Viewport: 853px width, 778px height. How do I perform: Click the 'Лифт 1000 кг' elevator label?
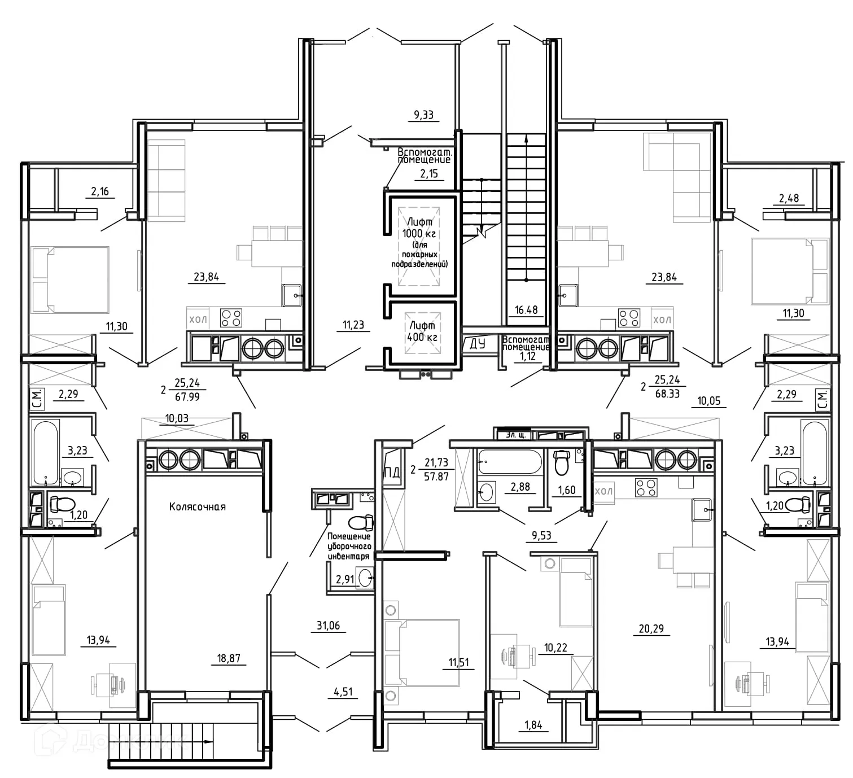(x=419, y=228)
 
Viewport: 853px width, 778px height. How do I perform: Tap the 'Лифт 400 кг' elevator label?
(x=422, y=332)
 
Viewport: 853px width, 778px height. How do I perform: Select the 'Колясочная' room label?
(x=198, y=506)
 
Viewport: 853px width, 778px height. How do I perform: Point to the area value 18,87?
(x=229, y=658)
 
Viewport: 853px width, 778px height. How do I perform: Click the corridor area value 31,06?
(x=328, y=626)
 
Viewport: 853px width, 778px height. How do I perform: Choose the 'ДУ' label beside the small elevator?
(x=477, y=344)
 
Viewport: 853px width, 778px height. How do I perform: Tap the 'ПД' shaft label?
(x=392, y=473)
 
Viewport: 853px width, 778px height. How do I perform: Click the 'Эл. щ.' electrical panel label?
(x=515, y=435)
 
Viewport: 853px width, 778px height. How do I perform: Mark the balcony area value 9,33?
(x=423, y=115)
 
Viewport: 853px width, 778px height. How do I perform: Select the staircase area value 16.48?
(x=526, y=310)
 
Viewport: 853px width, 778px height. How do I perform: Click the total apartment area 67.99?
(x=187, y=397)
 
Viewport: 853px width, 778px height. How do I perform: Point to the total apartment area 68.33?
(x=667, y=394)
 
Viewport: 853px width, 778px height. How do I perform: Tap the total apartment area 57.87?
(x=436, y=477)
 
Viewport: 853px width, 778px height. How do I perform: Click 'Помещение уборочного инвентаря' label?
(x=349, y=546)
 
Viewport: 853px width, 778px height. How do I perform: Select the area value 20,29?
(x=651, y=628)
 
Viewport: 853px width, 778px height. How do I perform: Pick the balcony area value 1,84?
(x=533, y=725)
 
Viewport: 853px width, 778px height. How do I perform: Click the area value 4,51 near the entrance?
(x=343, y=692)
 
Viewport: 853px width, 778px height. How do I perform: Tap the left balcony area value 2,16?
(x=100, y=191)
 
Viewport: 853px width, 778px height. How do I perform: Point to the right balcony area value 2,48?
(x=789, y=198)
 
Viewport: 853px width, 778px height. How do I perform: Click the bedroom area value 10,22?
(x=555, y=648)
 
